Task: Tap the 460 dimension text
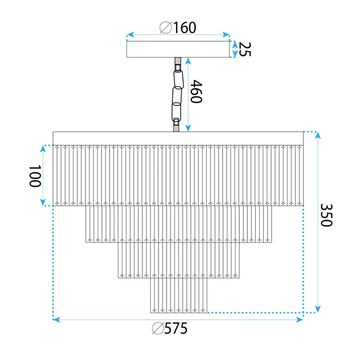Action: (196, 92)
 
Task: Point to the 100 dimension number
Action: (34, 176)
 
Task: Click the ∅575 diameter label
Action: (170, 329)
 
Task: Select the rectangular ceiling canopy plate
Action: (178, 49)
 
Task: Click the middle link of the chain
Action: (177, 96)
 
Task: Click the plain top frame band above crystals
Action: (178, 138)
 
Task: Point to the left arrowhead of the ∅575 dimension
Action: (56, 320)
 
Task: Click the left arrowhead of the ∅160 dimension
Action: (130, 35)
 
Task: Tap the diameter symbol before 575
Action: (158, 329)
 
